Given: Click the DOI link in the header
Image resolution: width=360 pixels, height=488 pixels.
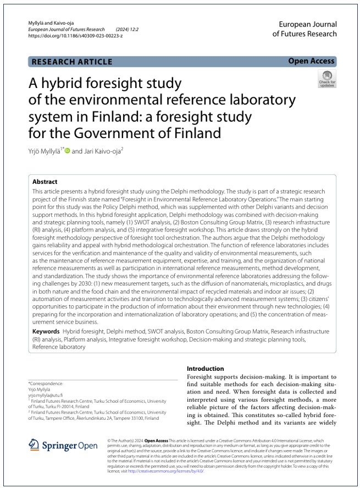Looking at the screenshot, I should [75, 35].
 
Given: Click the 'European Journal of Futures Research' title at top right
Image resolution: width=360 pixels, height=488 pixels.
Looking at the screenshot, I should [307, 29].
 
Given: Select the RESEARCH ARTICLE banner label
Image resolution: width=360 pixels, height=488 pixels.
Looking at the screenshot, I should [72, 62].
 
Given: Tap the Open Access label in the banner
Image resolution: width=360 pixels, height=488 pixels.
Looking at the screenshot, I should [311, 61].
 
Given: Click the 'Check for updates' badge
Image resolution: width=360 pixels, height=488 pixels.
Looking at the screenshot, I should [326, 79].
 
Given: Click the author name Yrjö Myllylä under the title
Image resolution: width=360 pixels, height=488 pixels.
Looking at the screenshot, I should [45, 150].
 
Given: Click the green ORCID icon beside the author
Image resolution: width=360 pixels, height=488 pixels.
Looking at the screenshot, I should [68, 150].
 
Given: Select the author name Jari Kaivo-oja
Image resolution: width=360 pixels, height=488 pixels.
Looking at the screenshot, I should [104, 150].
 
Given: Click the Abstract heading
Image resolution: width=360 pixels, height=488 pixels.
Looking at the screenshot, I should [45, 182].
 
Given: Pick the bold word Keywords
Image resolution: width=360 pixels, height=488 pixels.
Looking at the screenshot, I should [46, 332].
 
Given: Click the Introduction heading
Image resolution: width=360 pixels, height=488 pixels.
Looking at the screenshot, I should [206, 369].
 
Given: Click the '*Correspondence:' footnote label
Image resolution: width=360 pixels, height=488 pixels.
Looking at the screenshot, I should [46, 383].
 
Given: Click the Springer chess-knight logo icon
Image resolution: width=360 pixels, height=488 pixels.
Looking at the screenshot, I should [34, 444].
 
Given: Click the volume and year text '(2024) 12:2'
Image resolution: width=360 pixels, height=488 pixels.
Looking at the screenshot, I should [128, 29].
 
